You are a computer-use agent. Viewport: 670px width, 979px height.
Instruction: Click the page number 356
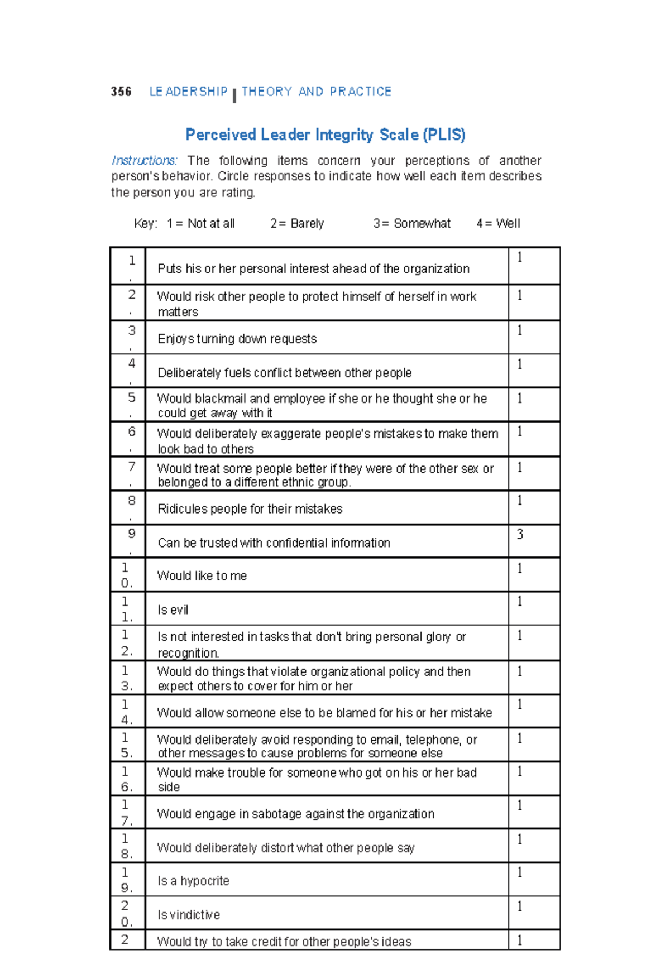click(x=121, y=92)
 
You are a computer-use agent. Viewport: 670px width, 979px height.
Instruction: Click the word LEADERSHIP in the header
click(x=188, y=92)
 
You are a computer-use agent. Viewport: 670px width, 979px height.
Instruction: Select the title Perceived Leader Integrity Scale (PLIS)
click(x=326, y=135)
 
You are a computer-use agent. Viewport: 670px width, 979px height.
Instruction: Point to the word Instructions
click(x=145, y=161)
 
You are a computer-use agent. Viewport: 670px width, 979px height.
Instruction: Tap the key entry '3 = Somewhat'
click(x=412, y=223)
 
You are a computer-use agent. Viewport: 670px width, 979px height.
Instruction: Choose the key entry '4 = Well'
click(x=498, y=223)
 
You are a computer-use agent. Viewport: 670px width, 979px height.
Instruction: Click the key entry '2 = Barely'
click(x=297, y=223)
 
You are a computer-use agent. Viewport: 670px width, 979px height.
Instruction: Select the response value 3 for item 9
click(x=520, y=534)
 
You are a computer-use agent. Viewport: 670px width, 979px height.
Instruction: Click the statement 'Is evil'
click(x=173, y=610)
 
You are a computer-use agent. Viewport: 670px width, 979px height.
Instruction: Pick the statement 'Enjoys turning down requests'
click(x=237, y=339)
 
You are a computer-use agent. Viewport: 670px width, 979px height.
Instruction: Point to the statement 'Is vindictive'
click(x=189, y=915)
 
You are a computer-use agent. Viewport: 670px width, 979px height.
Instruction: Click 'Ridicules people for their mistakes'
click(x=250, y=508)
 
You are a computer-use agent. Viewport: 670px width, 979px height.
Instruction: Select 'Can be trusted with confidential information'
click(x=274, y=543)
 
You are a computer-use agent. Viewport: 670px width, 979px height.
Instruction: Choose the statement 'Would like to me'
click(x=202, y=575)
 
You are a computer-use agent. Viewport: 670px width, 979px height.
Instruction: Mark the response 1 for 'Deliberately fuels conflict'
click(x=520, y=364)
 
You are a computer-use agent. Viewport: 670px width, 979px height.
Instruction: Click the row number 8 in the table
click(x=132, y=500)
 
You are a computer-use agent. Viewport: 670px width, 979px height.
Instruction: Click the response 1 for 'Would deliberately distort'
click(x=520, y=839)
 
